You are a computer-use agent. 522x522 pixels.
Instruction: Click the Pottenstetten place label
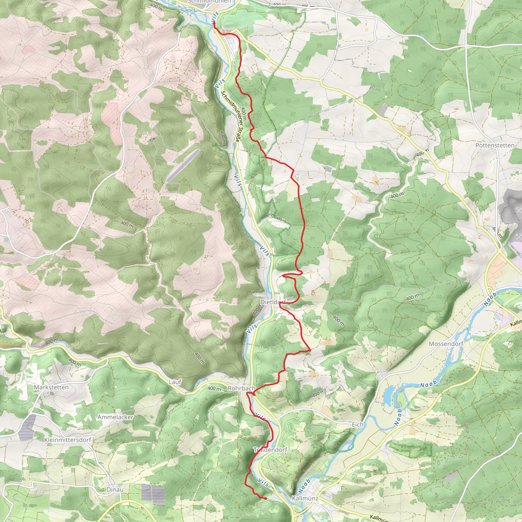coord(495,145)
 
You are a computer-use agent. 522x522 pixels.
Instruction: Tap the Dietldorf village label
coord(273,302)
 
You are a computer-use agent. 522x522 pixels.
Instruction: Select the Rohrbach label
coord(241,388)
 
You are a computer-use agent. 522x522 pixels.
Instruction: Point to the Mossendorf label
coord(446,344)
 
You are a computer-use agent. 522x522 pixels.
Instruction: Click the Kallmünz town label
coord(305,498)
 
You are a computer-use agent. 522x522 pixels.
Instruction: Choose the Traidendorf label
coord(270,450)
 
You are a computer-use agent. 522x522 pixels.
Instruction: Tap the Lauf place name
coord(175,382)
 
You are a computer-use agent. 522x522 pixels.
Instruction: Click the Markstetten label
coord(51,387)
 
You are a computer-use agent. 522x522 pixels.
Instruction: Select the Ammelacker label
coord(115,417)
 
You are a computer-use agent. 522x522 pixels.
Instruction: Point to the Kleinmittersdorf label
coord(68,440)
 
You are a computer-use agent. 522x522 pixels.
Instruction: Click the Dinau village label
coord(115,490)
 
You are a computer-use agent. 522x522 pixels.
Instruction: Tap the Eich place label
coord(357,425)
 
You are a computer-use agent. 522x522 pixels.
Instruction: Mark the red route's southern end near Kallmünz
coord(266,499)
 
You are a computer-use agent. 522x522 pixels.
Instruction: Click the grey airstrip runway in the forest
coord(183,165)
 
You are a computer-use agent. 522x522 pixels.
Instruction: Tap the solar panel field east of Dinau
coord(153,495)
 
